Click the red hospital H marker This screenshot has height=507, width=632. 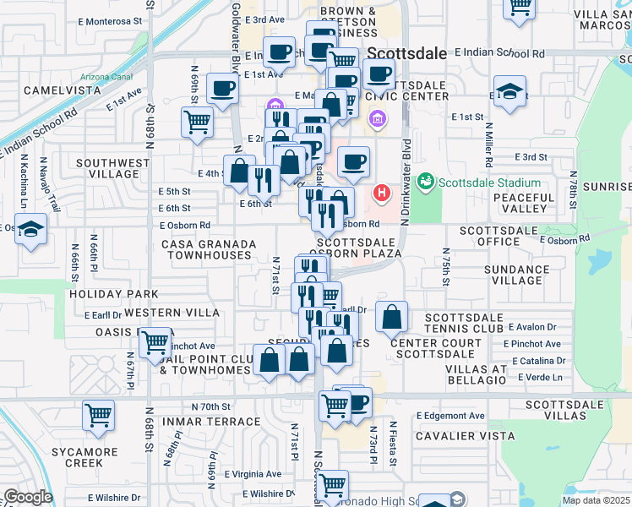(382, 194)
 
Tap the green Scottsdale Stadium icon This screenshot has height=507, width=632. (427, 182)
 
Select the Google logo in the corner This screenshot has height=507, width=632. (27, 497)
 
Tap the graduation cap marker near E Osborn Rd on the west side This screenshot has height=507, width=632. (31, 230)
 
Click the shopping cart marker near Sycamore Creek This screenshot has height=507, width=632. (99, 416)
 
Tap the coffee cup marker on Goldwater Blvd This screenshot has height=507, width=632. (223, 88)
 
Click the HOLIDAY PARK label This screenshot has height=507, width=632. (114, 294)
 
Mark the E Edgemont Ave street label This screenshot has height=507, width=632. (450, 416)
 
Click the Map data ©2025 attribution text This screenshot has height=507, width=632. (597, 500)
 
